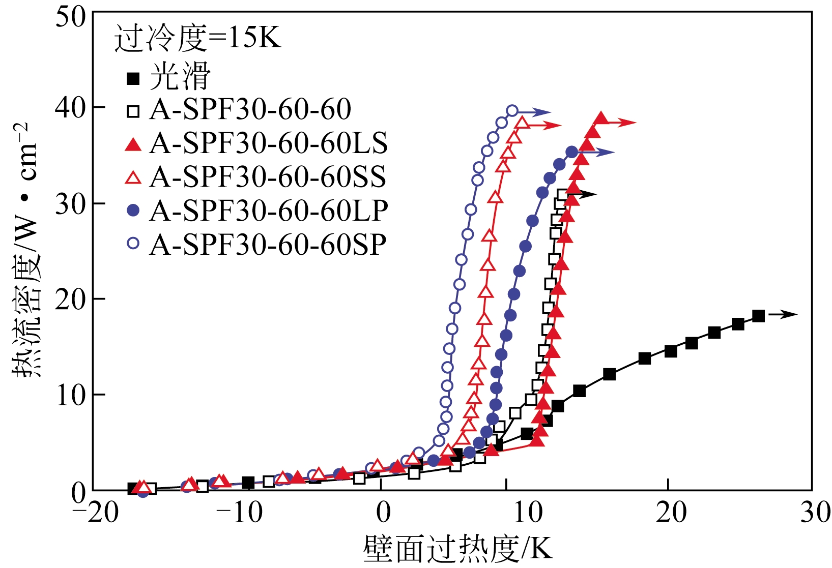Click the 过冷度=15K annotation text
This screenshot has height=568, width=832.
point(197,38)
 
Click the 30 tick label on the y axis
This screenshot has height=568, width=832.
point(71,204)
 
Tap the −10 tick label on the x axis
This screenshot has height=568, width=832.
point(239,513)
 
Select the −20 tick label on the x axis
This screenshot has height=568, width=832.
point(95,513)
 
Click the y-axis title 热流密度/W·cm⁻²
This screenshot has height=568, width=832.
point(25,249)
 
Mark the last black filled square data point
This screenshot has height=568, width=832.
point(758,316)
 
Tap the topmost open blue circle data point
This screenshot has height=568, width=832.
point(512,111)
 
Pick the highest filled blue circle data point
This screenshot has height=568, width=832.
point(572,152)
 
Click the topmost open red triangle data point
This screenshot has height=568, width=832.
point(522,123)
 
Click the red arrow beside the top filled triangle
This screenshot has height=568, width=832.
point(622,122)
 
